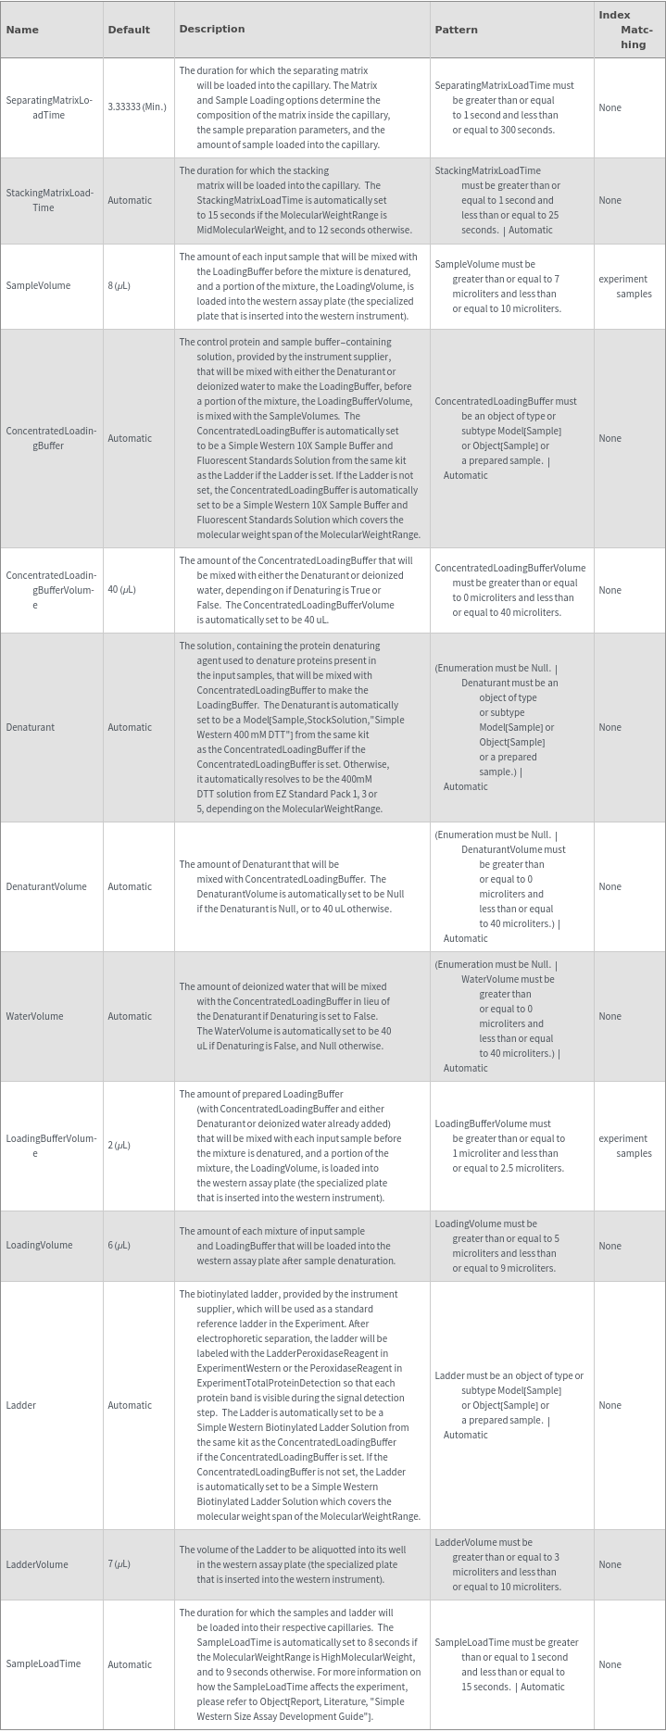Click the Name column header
tap(22, 30)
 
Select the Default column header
tap(129, 30)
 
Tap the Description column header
tap(212, 29)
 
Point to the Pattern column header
tap(456, 30)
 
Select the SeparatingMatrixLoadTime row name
tap(49, 107)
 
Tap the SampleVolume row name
tap(38, 285)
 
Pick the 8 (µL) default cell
tap(119, 285)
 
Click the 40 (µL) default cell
tap(121, 590)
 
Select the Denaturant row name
tap(31, 727)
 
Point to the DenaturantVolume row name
tap(46, 886)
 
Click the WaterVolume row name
tap(35, 1016)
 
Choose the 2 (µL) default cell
tap(119, 1146)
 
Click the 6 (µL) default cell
tap(119, 1246)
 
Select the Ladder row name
tap(21, 1405)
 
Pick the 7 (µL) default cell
tap(119, 1564)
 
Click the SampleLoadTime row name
tap(44, 1664)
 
